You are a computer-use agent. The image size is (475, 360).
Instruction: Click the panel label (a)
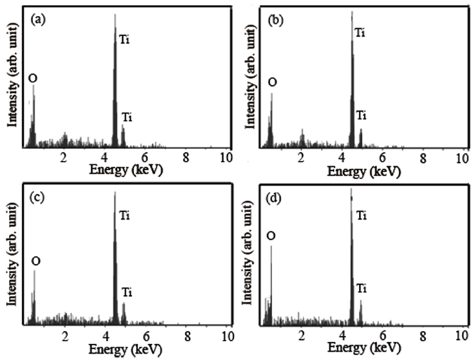[x=38, y=21]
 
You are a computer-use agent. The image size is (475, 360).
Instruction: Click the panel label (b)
[x=275, y=21]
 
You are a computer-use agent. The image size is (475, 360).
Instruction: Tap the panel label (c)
[x=38, y=198]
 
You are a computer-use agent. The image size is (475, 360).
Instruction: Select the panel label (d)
[x=275, y=198]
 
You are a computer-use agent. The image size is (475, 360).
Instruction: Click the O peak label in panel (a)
[x=33, y=79]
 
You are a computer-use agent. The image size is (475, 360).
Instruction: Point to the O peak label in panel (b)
[x=273, y=82]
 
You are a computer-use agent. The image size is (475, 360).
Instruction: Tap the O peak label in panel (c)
[x=35, y=260]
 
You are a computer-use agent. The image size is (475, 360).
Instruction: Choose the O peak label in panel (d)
[x=272, y=236]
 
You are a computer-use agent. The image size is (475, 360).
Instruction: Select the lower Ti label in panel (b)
[x=361, y=115]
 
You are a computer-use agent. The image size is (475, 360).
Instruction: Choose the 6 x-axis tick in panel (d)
[x=383, y=336]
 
